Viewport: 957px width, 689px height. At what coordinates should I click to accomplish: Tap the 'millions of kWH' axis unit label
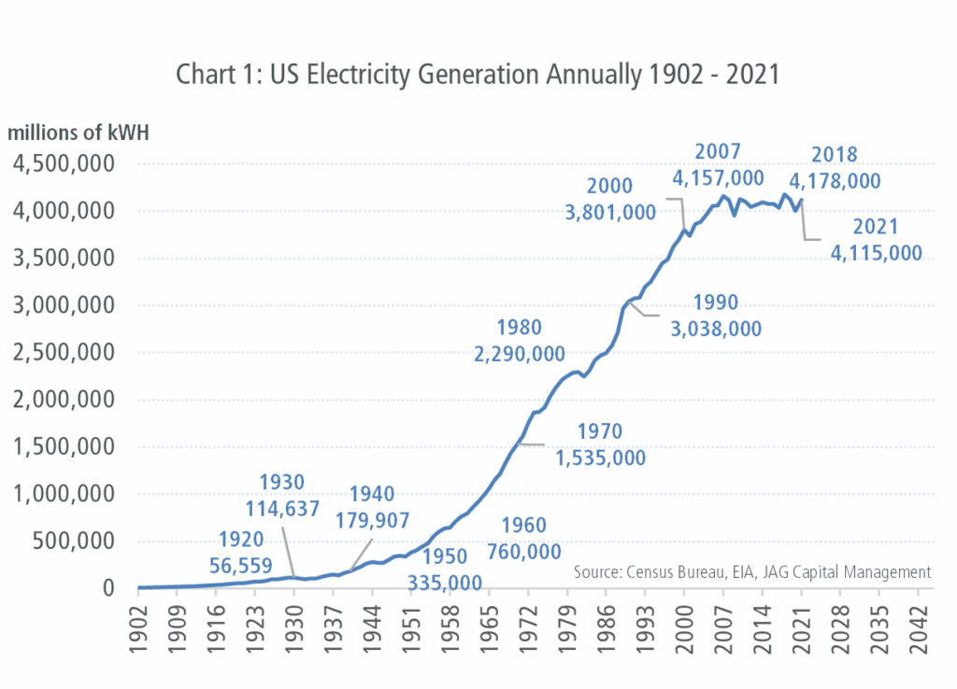(x=79, y=133)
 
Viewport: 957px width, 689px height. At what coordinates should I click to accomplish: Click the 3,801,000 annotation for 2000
(x=610, y=212)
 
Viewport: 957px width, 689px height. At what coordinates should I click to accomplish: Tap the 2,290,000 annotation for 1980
(x=520, y=354)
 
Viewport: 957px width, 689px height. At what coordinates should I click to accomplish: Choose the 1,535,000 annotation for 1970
(x=600, y=457)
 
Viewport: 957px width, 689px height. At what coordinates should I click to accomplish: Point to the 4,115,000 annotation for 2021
(x=876, y=252)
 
